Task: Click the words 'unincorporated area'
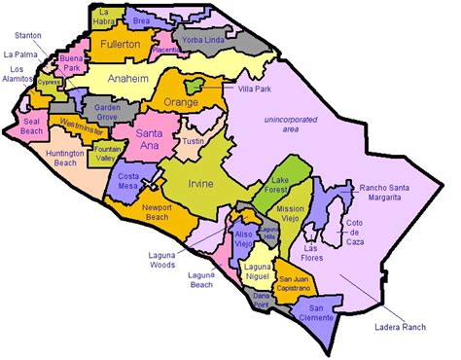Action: pyautogui.click(x=290, y=125)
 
